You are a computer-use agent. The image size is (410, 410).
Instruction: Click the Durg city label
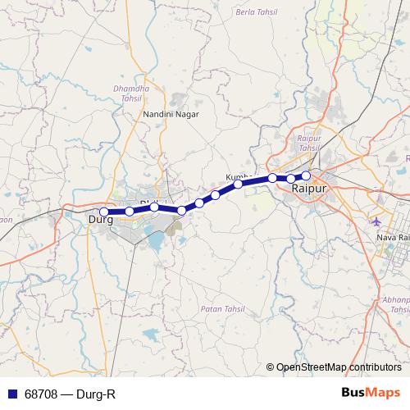[100, 220]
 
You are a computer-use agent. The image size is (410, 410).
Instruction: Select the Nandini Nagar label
[167, 115]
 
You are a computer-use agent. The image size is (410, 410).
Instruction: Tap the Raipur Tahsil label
[308, 143]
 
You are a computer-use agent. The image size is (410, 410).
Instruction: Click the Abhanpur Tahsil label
[397, 305]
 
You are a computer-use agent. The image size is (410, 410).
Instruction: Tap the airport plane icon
[376, 221]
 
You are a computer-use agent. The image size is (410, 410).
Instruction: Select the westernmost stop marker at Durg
[103, 212]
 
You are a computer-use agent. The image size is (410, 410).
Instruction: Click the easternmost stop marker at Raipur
[306, 175]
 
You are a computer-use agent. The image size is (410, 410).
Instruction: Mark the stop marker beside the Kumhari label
[238, 184]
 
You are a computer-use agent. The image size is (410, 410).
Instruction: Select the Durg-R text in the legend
[93, 394]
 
